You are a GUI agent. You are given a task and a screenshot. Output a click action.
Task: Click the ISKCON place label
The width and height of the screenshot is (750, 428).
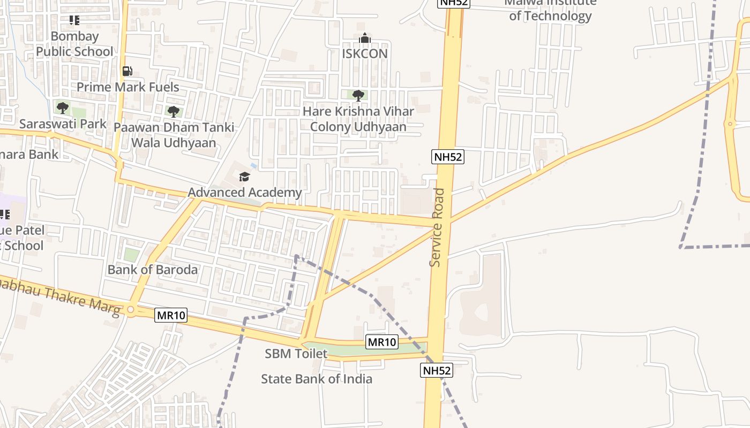(364, 53)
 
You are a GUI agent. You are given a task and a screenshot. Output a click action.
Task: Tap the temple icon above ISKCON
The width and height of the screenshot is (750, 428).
(365, 38)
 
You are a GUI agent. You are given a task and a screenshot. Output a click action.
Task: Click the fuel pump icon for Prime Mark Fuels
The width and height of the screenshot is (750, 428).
(127, 71)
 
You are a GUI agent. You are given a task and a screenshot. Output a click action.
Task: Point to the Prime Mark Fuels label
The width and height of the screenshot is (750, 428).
(127, 87)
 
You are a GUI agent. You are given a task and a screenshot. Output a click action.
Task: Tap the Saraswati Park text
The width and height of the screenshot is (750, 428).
(63, 124)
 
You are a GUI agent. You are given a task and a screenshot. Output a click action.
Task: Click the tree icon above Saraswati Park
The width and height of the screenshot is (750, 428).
(63, 108)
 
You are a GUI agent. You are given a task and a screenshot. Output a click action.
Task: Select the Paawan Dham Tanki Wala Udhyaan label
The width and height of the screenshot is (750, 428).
(174, 135)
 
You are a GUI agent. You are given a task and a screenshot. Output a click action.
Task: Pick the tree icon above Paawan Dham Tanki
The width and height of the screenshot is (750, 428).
(173, 112)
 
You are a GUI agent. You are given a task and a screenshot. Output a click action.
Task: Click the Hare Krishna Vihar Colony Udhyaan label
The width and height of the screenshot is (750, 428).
(358, 119)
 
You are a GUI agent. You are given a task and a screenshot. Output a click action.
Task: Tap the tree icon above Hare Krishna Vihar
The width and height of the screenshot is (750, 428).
(358, 96)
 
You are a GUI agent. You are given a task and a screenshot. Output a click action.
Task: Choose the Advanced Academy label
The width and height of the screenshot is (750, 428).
(245, 192)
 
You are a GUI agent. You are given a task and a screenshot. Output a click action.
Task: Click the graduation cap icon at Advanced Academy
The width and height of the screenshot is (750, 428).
(244, 177)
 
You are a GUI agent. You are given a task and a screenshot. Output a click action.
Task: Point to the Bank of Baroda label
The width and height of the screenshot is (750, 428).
(153, 269)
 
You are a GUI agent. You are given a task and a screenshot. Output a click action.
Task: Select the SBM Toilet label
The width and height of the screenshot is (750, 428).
(296, 354)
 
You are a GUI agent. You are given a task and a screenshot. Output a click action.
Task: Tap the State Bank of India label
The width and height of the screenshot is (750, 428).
(317, 379)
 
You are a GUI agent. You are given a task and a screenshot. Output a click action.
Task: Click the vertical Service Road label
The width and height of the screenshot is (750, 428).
(437, 227)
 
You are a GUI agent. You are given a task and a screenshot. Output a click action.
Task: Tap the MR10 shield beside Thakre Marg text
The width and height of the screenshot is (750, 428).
(171, 315)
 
